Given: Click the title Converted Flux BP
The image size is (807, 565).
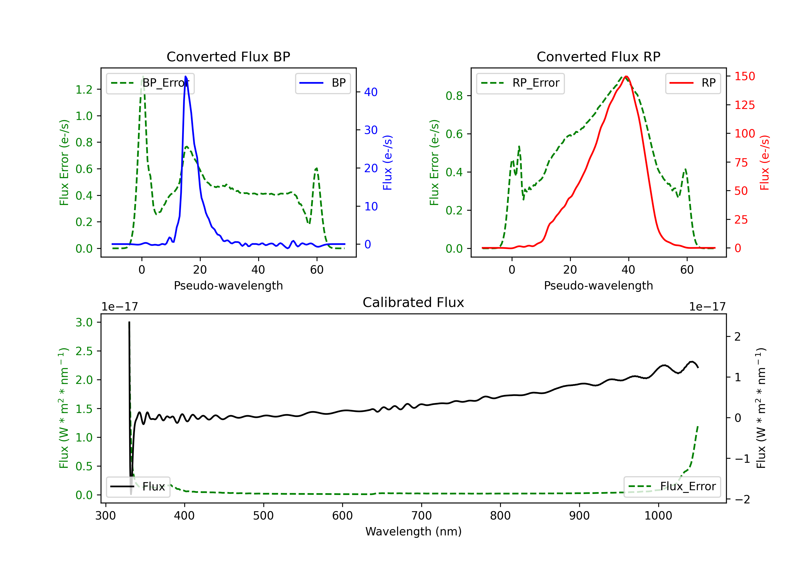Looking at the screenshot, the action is coord(228,56).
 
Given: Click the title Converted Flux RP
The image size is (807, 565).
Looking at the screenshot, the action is coord(599,56).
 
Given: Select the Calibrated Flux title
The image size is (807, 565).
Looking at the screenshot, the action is coord(413,302).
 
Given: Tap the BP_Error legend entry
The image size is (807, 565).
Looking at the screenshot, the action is coord(150,83).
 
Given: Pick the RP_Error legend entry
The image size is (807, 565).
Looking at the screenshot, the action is coord(520,83).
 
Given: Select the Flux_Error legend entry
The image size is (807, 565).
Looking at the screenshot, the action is coord(672,487).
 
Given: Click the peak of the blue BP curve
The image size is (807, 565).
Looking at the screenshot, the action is coord(186,76).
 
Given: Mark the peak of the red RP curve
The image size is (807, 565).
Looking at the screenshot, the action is coord(626,76).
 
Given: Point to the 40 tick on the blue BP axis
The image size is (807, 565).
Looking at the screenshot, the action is coord(371,92).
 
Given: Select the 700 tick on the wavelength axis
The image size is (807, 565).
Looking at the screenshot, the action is coord(422,516).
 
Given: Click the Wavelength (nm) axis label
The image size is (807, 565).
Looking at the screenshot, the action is coord(413,531).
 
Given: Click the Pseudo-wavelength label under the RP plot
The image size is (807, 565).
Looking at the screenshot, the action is coord(599,285).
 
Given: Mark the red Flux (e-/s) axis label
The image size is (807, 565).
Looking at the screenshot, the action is coord(765,163).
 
